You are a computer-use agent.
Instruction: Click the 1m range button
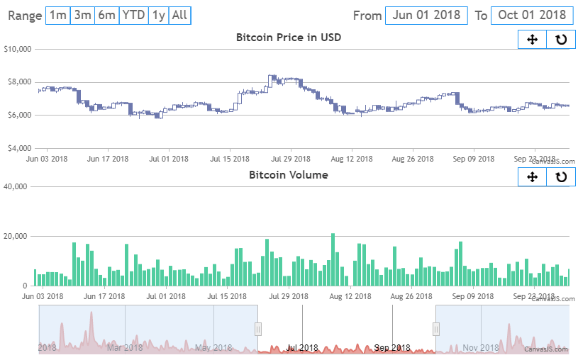pyautogui.click(x=58, y=15)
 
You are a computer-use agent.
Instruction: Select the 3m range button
pyautogui.click(x=82, y=15)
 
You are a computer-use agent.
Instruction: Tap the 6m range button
pyautogui.click(x=106, y=15)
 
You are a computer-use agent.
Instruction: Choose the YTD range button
pyautogui.click(x=133, y=15)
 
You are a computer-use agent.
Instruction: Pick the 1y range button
pyautogui.click(x=159, y=15)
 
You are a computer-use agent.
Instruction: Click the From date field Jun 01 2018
pyautogui.click(x=426, y=15)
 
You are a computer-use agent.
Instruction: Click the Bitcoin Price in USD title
pyautogui.click(x=289, y=38)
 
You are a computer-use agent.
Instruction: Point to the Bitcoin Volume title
pyautogui.click(x=289, y=174)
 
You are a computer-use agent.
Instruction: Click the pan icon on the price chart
pyautogui.click(x=533, y=40)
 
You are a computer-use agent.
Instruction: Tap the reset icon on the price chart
pyautogui.click(x=561, y=40)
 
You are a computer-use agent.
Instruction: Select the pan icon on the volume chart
pyautogui.click(x=533, y=176)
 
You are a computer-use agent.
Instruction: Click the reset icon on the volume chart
pyautogui.click(x=561, y=176)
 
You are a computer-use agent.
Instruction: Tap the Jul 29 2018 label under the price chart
pyautogui.click(x=291, y=159)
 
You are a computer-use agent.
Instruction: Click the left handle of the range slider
pyautogui.click(x=258, y=329)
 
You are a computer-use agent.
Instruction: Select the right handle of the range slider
pyautogui.click(x=436, y=329)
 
